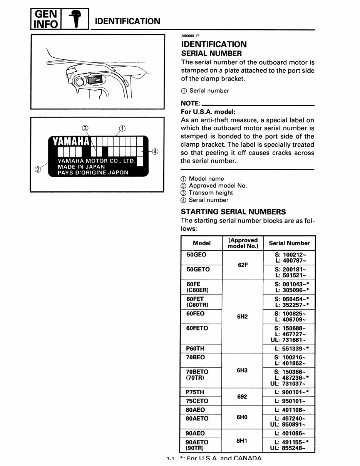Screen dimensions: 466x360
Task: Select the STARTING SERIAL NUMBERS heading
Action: (x=233, y=212)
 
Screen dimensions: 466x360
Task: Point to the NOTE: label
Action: (x=190, y=104)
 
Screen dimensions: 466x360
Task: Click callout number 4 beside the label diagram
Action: (x=155, y=151)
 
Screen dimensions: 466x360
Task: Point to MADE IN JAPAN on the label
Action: (x=81, y=167)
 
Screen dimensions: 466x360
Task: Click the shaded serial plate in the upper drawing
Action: (x=94, y=80)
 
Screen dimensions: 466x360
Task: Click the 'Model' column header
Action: (x=202, y=243)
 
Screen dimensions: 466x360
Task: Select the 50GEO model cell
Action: (x=196, y=255)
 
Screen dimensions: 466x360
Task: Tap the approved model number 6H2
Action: (x=242, y=317)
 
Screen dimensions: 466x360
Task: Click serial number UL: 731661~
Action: (x=289, y=340)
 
